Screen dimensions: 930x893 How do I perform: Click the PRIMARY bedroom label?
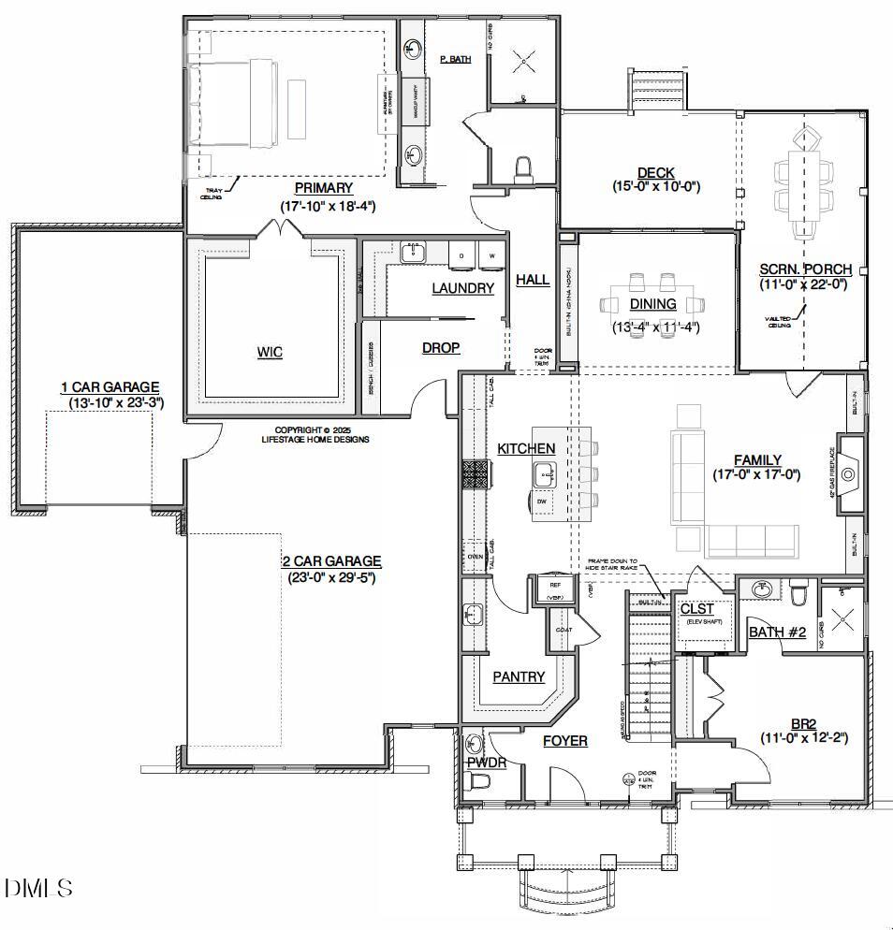coord(323,188)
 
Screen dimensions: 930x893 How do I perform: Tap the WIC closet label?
coord(270,352)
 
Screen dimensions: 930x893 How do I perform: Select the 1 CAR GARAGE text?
coord(110,387)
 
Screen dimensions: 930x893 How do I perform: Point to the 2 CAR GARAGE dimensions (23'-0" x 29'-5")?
coord(331,578)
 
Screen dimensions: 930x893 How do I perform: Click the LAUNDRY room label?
coord(462,288)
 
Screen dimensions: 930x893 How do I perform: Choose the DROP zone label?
coord(440,348)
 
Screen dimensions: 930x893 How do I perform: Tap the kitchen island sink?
coord(544,476)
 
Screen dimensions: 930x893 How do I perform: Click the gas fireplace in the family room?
coord(848,474)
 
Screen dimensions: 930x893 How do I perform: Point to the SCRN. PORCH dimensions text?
coord(803,284)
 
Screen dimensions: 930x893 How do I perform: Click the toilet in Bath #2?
coord(798,594)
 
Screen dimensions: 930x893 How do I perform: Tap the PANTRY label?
coord(518,676)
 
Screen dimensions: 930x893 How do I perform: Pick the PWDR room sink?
coord(474,745)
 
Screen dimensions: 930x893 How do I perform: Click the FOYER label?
coord(565,741)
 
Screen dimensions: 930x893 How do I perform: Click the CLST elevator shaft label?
coord(697,609)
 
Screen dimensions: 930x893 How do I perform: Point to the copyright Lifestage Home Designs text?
coord(315,434)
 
